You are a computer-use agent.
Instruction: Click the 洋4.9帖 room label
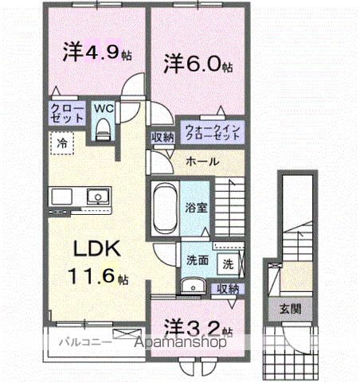tap(92, 54)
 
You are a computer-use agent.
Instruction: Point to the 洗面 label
tap(198, 259)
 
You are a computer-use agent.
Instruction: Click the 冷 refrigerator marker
tap(62, 144)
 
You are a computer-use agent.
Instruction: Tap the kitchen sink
tap(97, 196)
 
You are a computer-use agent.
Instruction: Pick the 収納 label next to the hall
tap(163, 137)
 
